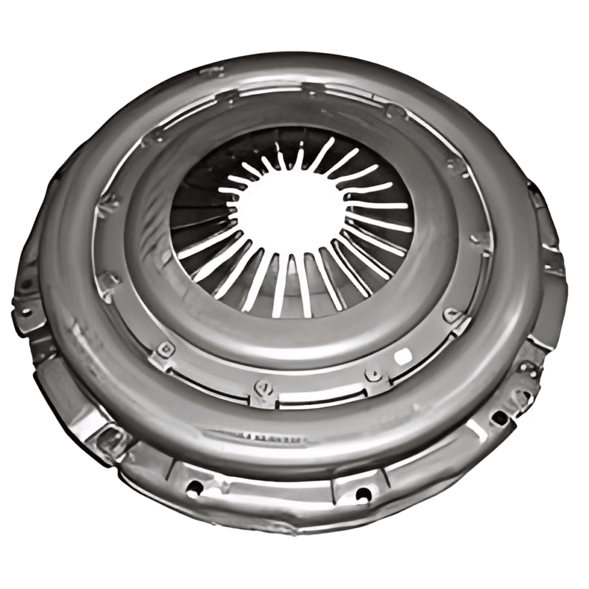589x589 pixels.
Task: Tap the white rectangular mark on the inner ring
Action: [x=403, y=356]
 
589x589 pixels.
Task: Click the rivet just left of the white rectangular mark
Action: [x=375, y=373]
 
